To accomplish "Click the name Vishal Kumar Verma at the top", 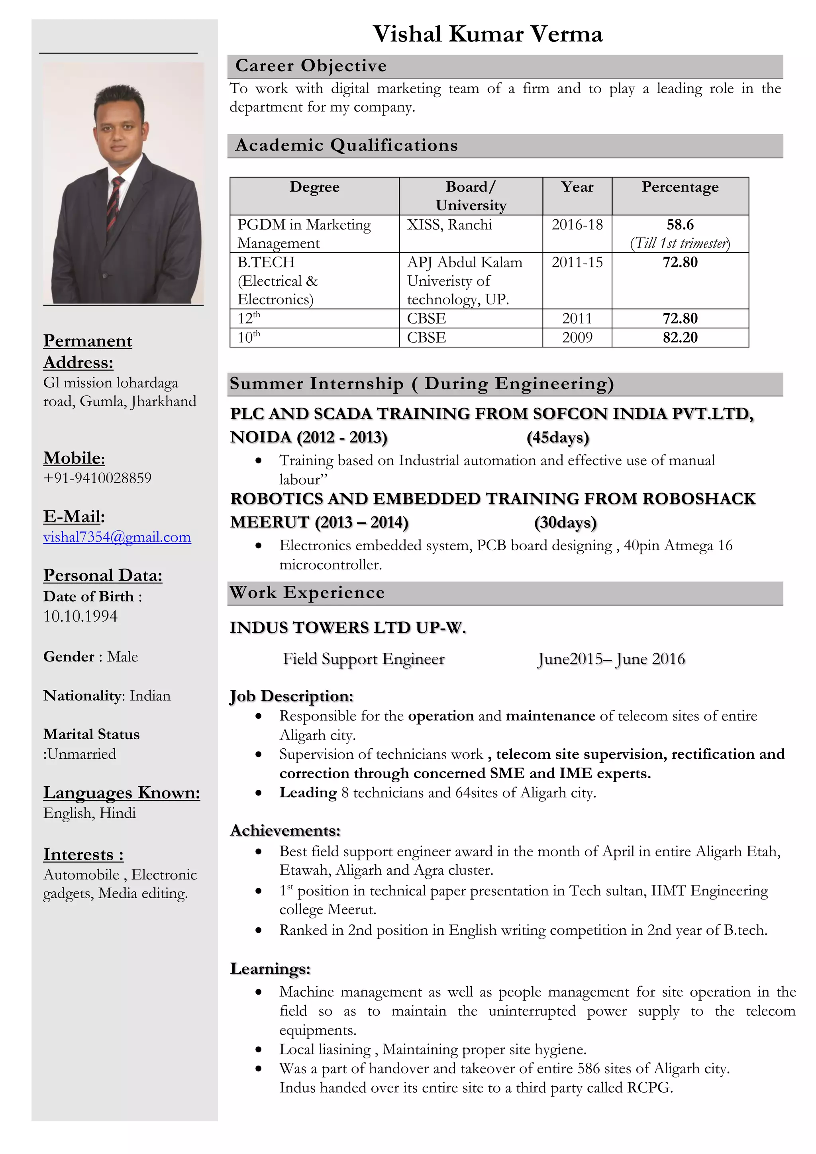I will click(x=487, y=34).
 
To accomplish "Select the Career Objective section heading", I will click(x=311, y=66).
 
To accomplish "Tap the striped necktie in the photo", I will click(x=115, y=201).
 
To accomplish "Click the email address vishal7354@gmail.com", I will click(x=117, y=537).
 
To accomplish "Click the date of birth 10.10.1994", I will click(x=80, y=616).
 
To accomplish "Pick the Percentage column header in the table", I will click(x=680, y=187).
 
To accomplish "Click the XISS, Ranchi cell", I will click(x=449, y=225).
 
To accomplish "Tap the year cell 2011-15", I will click(x=577, y=262).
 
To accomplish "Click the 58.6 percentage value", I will click(x=680, y=225).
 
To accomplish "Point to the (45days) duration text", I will click(x=558, y=437).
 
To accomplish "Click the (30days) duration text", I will click(x=565, y=522).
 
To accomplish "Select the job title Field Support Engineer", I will click(x=363, y=659).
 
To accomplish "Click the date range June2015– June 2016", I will click(x=611, y=659).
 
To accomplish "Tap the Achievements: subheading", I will click(x=285, y=830).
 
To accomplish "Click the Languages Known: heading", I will click(x=122, y=793).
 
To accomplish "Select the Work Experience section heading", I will click(x=307, y=593).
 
